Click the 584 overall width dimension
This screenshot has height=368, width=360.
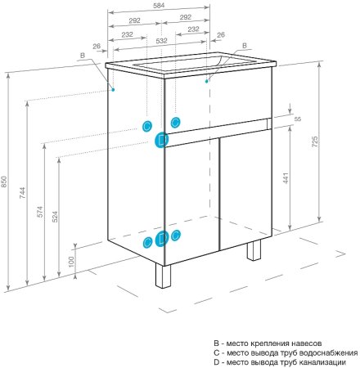159,6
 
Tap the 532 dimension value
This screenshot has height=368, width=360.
161,41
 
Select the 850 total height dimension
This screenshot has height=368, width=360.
3,182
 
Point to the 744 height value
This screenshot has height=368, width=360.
22,192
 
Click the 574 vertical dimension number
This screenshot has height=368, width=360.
40,212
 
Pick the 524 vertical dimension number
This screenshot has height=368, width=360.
55,217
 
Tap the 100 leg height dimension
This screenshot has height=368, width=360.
71,262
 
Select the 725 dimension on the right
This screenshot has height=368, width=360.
314,141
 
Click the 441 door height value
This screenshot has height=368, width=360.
286,178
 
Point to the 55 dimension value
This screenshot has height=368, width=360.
298,119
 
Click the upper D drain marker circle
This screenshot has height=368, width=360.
162,140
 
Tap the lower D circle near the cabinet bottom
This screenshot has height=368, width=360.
162,239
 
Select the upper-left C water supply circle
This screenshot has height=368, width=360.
147,126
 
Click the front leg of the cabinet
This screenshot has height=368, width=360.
163,276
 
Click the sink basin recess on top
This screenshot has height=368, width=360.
178,65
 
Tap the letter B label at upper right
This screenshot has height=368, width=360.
245,46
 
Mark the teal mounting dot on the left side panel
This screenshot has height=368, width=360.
113,89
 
